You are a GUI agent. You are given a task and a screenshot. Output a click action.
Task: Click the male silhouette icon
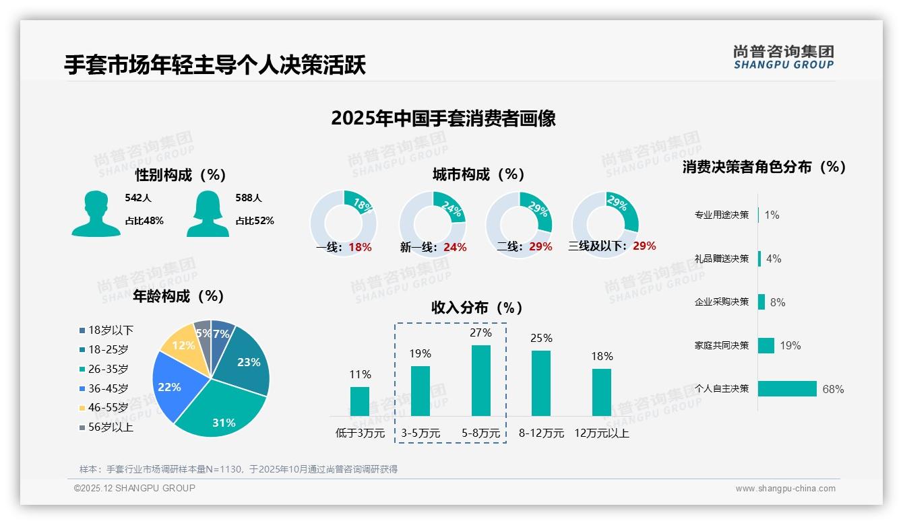(96, 213)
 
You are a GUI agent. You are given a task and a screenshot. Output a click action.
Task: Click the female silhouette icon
(207, 213)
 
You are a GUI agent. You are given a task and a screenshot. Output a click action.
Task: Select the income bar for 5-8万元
(480, 380)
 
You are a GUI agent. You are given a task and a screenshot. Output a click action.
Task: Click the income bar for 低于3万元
(360, 401)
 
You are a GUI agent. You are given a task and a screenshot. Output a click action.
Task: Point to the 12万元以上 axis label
(601, 433)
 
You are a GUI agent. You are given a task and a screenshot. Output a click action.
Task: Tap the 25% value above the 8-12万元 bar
(540, 338)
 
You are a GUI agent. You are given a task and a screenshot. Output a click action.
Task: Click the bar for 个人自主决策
(787, 388)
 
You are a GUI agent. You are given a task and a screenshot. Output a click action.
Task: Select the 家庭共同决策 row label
(721, 345)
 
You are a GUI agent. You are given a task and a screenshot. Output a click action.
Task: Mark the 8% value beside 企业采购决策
(777, 302)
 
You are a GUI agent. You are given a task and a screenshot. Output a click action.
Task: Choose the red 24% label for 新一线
(455, 247)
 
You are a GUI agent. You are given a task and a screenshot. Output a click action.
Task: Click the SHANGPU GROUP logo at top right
(783, 57)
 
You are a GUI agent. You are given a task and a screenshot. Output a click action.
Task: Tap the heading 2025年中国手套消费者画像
(443, 118)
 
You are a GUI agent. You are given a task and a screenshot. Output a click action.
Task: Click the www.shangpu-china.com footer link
(785, 489)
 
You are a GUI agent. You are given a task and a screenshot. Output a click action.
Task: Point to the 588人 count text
(248, 198)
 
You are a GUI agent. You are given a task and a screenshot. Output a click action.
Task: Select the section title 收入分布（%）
(477, 308)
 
